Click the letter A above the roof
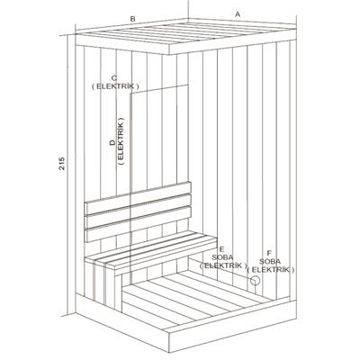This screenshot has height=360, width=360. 238,14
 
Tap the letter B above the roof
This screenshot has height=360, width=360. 132,17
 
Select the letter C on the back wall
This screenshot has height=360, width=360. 114,77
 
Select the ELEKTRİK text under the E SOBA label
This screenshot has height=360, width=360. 221,265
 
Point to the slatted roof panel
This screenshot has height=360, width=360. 184,34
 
